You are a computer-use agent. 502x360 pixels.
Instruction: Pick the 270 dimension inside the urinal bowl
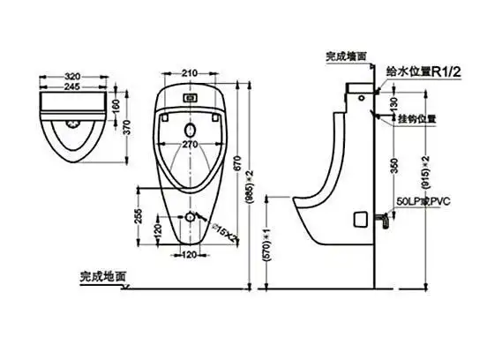pos(189,143)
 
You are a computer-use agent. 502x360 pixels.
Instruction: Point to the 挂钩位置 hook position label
pos(417,117)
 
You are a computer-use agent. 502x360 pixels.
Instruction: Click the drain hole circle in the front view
pos(189,216)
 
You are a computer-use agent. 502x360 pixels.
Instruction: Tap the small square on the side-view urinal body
pos(360,216)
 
